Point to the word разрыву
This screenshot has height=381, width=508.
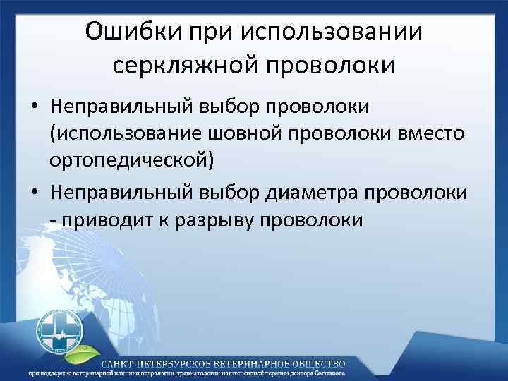212,219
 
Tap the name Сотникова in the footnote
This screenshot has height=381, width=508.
463,374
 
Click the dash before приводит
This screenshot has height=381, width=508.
53,219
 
